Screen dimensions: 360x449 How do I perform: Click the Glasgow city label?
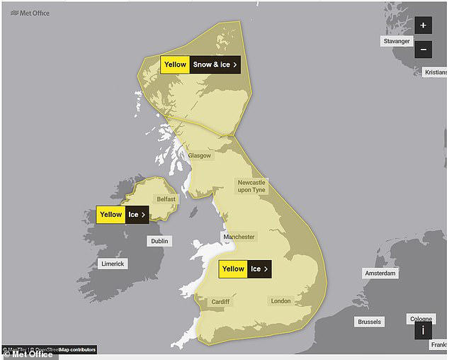click(x=199, y=155)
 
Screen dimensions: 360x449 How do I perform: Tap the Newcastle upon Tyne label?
click(x=251, y=186)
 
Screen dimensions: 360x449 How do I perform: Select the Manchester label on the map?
click(x=238, y=236)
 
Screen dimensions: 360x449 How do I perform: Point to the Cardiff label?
click(x=220, y=302)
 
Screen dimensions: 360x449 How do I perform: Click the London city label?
click(x=280, y=301)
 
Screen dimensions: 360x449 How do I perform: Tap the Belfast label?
click(x=166, y=199)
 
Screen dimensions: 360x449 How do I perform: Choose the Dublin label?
click(x=159, y=241)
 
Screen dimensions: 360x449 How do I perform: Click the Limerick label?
click(x=112, y=264)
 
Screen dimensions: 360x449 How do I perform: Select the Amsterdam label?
click(x=380, y=273)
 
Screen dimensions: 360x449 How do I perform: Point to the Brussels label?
click(x=369, y=322)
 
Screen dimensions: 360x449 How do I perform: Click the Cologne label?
click(x=421, y=319)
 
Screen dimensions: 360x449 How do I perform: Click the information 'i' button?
click(x=423, y=330)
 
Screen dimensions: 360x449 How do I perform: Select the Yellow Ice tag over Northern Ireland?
click(x=123, y=214)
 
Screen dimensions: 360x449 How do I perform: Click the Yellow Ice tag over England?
click(x=244, y=269)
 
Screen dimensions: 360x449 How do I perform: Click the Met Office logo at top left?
click(x=26, y=13)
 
